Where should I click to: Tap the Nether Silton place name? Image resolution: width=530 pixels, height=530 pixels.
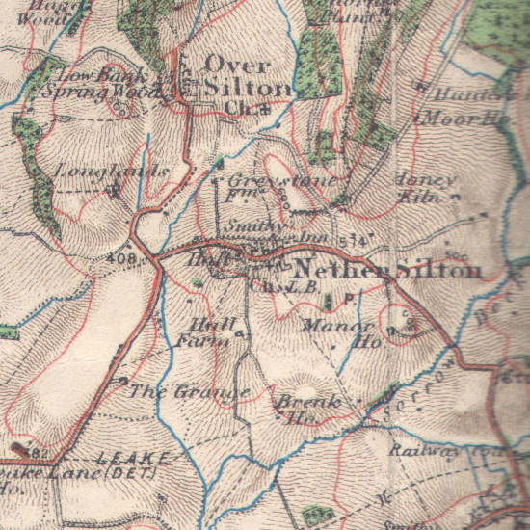385,270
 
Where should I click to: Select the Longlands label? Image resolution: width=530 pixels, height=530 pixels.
125,172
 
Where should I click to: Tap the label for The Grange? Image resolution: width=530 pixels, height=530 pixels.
189,391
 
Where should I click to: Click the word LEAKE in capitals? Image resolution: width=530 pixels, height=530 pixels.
134,457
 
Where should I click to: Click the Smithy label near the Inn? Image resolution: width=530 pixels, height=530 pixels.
243,227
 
